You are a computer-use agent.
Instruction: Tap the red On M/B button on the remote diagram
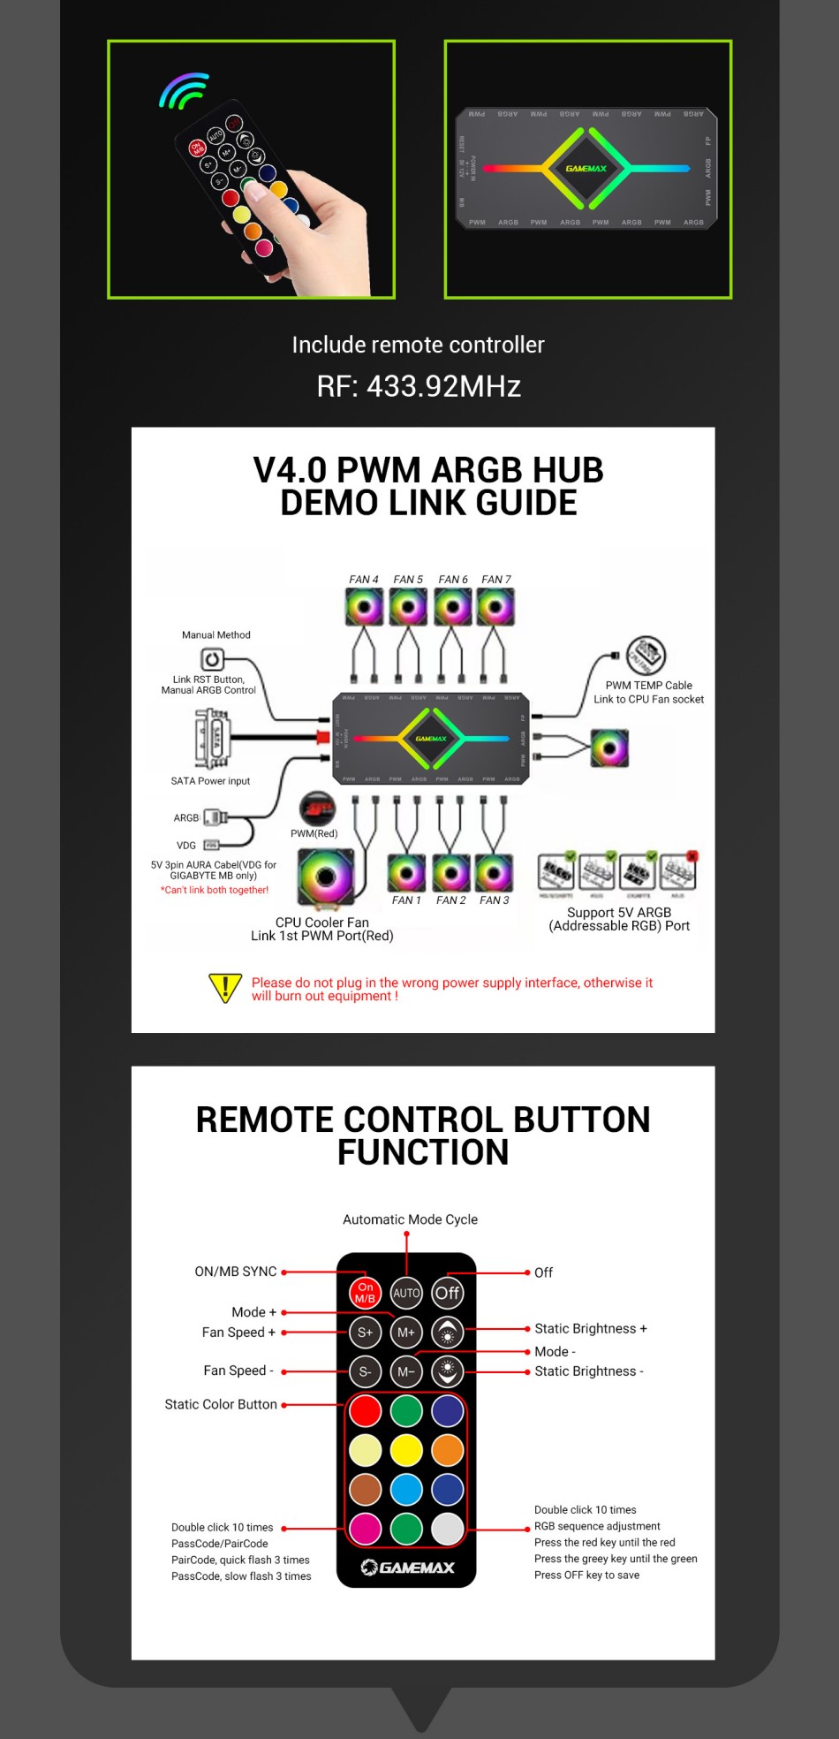pyautogui.click(x=365, y=1293)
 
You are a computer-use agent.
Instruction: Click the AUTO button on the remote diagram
pyautogui.click(x=406, y=1293)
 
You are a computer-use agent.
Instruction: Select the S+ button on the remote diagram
pyautogui.click(x=365, y=1332)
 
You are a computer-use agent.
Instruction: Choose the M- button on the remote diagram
pyautogui.click(x=406, y=1371)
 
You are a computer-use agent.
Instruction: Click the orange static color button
pyautogui.click(x=448, y=1450)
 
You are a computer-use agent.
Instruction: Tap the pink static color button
pyautogui.click(x=365, y=1529)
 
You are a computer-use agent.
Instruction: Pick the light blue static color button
pyautogui.click(x=406, y=1489)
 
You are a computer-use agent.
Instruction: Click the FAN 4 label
pyautogui.click(x=363, y=580)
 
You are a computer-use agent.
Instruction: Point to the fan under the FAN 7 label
pyautogui.click(x=495, y=607)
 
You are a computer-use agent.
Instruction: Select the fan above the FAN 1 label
pyautogui.click(x=406, y=873)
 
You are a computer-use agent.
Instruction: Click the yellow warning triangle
pyautogui.click(x=225, y=988)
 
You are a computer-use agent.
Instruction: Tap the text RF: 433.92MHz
pyautogui.click(x=419, y=386)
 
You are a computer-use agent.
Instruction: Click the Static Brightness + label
pyautogui.click(x=590, y=1328)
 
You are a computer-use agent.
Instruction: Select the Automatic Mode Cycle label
pyautogui.click(x=410, y=1219)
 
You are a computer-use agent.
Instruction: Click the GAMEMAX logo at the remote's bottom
pyautogui.click(x=407, y=1568)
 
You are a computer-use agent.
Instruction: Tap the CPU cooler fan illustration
pyautogui.click(x=325, y=877)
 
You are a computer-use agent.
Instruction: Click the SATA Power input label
pyautogui.click(x=210, y=781)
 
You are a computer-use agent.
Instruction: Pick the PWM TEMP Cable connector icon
pyautogui.click(x=646, y=656)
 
